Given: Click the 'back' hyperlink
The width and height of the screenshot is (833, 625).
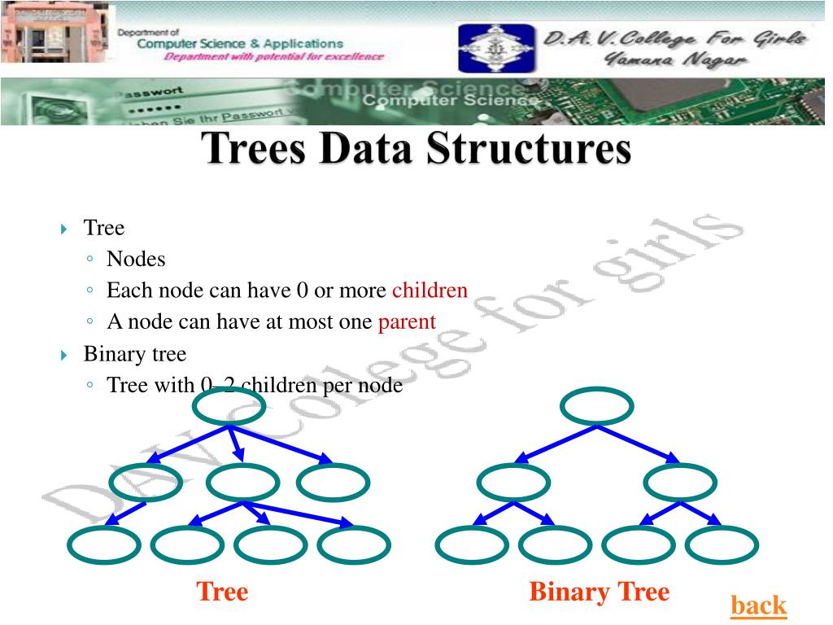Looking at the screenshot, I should [758, 605].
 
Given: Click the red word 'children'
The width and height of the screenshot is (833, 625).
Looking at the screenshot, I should [430, 291].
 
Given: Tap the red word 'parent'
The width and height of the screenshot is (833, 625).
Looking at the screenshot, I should [407, 321].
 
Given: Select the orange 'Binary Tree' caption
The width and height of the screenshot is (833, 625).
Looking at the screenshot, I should [599, 592].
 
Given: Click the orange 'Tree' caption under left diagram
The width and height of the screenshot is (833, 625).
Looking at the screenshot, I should [222, 592].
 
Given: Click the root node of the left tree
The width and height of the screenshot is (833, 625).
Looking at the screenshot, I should [228, 406].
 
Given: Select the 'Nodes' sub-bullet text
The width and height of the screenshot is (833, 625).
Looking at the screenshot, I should [136, 260].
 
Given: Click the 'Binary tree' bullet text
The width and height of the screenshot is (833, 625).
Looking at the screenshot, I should [134, 354].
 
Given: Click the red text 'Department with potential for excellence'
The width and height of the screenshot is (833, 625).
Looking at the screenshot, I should [273, 57].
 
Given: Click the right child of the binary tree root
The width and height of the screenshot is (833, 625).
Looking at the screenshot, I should [679, 483].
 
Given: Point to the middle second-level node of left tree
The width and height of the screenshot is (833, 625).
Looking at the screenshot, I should [243, 483].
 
